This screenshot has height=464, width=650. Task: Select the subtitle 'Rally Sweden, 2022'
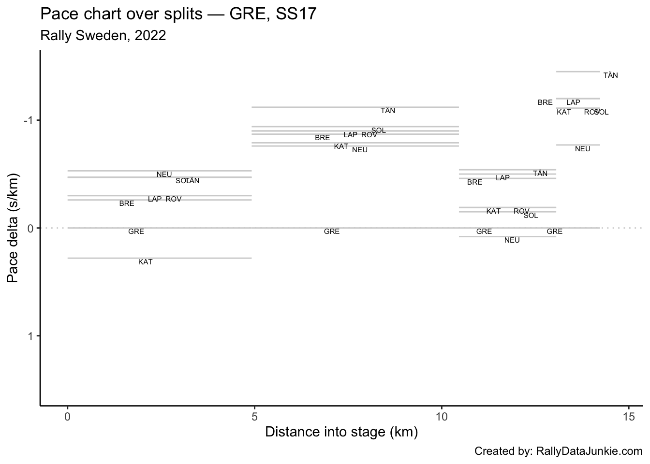(x=103, y=36)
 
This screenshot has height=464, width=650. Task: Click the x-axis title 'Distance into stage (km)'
(x=341, y=432)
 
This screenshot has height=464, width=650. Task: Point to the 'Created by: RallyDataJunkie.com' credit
(x=558, y=451)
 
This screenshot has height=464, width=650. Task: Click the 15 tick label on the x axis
(x=629, y=416)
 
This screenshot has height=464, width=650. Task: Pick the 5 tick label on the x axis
(x=254, y=416)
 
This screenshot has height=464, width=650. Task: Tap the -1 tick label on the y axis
(x=28, y=120)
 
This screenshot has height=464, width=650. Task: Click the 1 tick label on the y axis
(x=30, y=336)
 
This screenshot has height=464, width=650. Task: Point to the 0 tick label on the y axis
(x=30, y=228)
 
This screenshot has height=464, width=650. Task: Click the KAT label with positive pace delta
(x=145, y=262)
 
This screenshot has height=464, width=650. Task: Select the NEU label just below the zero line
(x=512, y=240)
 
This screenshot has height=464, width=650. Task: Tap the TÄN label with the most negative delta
(x=610, y=75)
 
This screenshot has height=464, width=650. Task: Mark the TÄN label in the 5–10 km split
(x=388, y=111)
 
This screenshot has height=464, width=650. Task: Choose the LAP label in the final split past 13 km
(x=573, y=102)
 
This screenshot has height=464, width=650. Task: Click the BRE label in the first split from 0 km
(x=127, y=203)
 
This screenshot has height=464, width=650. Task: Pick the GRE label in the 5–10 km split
(x=332, y=232)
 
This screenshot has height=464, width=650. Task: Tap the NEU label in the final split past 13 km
(x=582, y=149)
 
